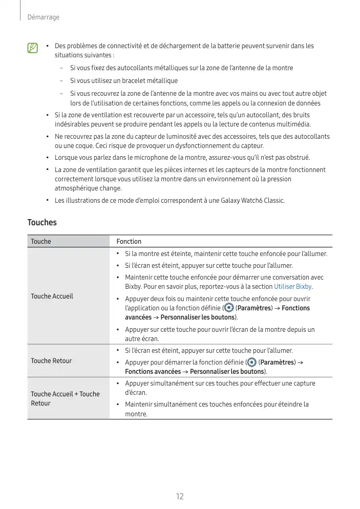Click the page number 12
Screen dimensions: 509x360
180,496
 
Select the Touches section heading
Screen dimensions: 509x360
42,223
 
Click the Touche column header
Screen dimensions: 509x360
41,241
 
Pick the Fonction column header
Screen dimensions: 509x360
129,241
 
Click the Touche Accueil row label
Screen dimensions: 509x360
52,296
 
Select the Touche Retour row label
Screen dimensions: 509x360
51,360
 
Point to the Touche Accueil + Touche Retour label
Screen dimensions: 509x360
65,398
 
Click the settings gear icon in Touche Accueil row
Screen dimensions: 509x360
228,308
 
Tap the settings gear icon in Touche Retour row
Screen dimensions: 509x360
252,362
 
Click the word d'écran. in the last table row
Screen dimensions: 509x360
136,392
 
